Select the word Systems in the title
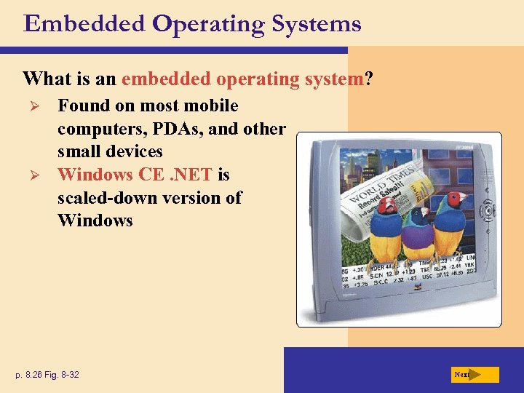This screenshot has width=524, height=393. click(317, 24)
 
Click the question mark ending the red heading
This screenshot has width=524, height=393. click(369, 78)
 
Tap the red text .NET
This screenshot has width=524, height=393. click(192, 175)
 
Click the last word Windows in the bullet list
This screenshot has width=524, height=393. click(95, 221)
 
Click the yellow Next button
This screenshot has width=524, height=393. click(473, 375)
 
